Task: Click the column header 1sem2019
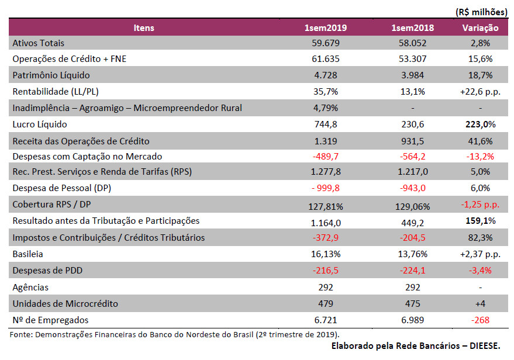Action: click(326, 28)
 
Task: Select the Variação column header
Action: click(480, 28)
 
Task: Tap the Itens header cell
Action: click(144, 28)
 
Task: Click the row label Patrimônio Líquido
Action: click(51, 75)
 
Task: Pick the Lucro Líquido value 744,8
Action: click(326, 124)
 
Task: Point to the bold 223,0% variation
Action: click(480, 124)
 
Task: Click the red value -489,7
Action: click(326, 156)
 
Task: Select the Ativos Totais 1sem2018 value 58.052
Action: click(412, 43)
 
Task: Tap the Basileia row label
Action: click(28, 254)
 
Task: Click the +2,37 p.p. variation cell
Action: click(480, 254)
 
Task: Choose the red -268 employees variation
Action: click(480, 320)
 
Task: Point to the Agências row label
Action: click(30, 288)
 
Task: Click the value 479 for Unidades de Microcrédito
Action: click(326, 304)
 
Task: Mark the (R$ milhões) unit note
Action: click(481, 12)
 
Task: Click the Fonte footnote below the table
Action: click(175, 335)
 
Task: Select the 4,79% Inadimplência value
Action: click(326, 108)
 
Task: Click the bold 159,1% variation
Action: click(480, 221)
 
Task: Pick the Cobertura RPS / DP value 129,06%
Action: click(412, 207)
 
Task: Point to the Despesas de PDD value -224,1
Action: click(412, 271)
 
